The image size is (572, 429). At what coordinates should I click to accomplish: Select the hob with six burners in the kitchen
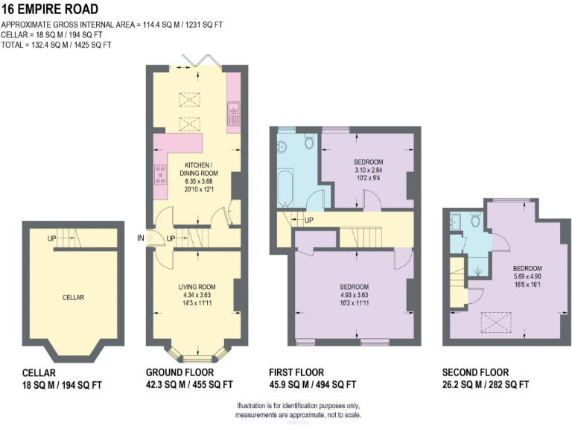click(x=159, y=175)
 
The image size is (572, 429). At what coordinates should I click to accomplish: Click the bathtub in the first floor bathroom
click(x=285, y=187)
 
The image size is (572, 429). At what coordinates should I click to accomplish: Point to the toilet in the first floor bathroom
click(x=308, y=141)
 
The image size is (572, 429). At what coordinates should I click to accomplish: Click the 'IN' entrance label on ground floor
click(x=139, y=238)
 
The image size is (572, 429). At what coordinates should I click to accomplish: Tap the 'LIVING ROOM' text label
click(x=197, y=287)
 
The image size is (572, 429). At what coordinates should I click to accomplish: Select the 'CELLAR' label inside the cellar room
click(x=73, y=297)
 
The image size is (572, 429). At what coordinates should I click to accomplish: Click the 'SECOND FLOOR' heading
click(x=475, y=372)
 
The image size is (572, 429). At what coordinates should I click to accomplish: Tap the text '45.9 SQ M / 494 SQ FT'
click(x=312, y=385)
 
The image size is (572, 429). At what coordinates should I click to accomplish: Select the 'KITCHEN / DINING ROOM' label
click(x=198, y=168)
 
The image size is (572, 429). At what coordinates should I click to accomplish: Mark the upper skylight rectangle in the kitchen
click(x=191, y=97)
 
